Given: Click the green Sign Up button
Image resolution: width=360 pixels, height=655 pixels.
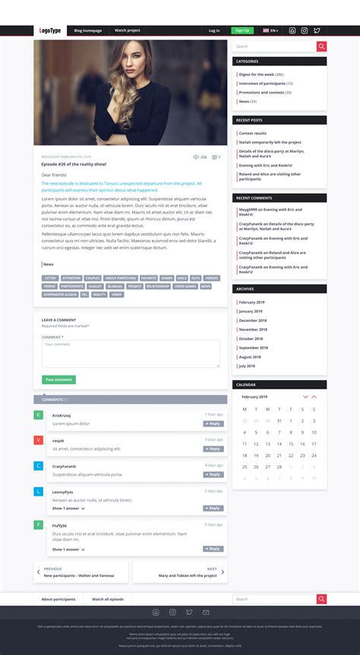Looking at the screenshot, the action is pos(242,30).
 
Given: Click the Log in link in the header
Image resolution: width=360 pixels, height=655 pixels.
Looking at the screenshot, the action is pos(214,30).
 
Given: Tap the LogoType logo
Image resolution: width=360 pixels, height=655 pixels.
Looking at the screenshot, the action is pos(50,30).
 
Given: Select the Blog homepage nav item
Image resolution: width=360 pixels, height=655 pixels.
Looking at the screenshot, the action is pos(88,30).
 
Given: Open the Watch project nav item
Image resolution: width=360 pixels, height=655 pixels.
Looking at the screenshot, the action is pos(128,30).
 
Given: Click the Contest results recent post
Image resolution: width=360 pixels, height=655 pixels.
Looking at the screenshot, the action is pos(252,133).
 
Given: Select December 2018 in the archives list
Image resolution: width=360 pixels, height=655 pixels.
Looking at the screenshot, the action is pos(252,320).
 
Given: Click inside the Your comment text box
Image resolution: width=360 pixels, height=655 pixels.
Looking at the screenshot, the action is pos(131,354).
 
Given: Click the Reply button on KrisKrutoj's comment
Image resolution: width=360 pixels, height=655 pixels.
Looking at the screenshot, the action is pos(213,424).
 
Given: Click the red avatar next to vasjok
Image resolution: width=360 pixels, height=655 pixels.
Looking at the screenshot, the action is pos(39,440).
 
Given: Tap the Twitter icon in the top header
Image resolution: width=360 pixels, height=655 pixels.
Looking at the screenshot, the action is pos(317,30).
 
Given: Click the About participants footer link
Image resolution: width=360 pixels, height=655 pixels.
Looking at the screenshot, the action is pos(58,599).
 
